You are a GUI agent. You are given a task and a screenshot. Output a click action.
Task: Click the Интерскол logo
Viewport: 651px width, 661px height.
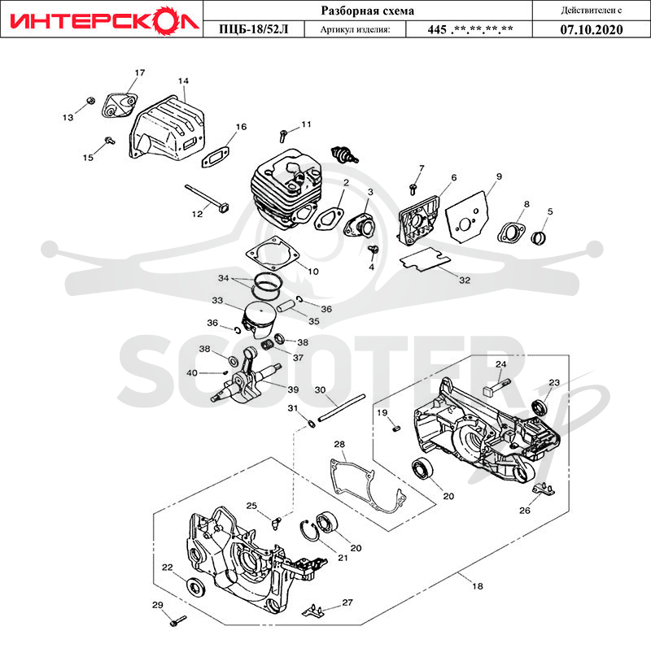104,20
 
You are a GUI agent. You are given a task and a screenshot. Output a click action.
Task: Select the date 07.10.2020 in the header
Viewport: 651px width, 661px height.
591,29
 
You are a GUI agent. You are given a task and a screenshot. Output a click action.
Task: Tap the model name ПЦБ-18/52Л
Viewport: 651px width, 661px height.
254,29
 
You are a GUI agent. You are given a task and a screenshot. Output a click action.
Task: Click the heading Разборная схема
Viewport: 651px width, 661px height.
368,11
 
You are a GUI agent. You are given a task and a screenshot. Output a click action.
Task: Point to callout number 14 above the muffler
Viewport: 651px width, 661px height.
183,80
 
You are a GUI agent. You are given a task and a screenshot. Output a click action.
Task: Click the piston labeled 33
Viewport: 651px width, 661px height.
259,320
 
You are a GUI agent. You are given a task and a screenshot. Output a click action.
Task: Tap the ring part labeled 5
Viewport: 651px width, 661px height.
539,237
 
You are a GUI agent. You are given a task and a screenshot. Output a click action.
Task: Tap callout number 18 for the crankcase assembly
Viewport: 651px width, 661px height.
477,585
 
